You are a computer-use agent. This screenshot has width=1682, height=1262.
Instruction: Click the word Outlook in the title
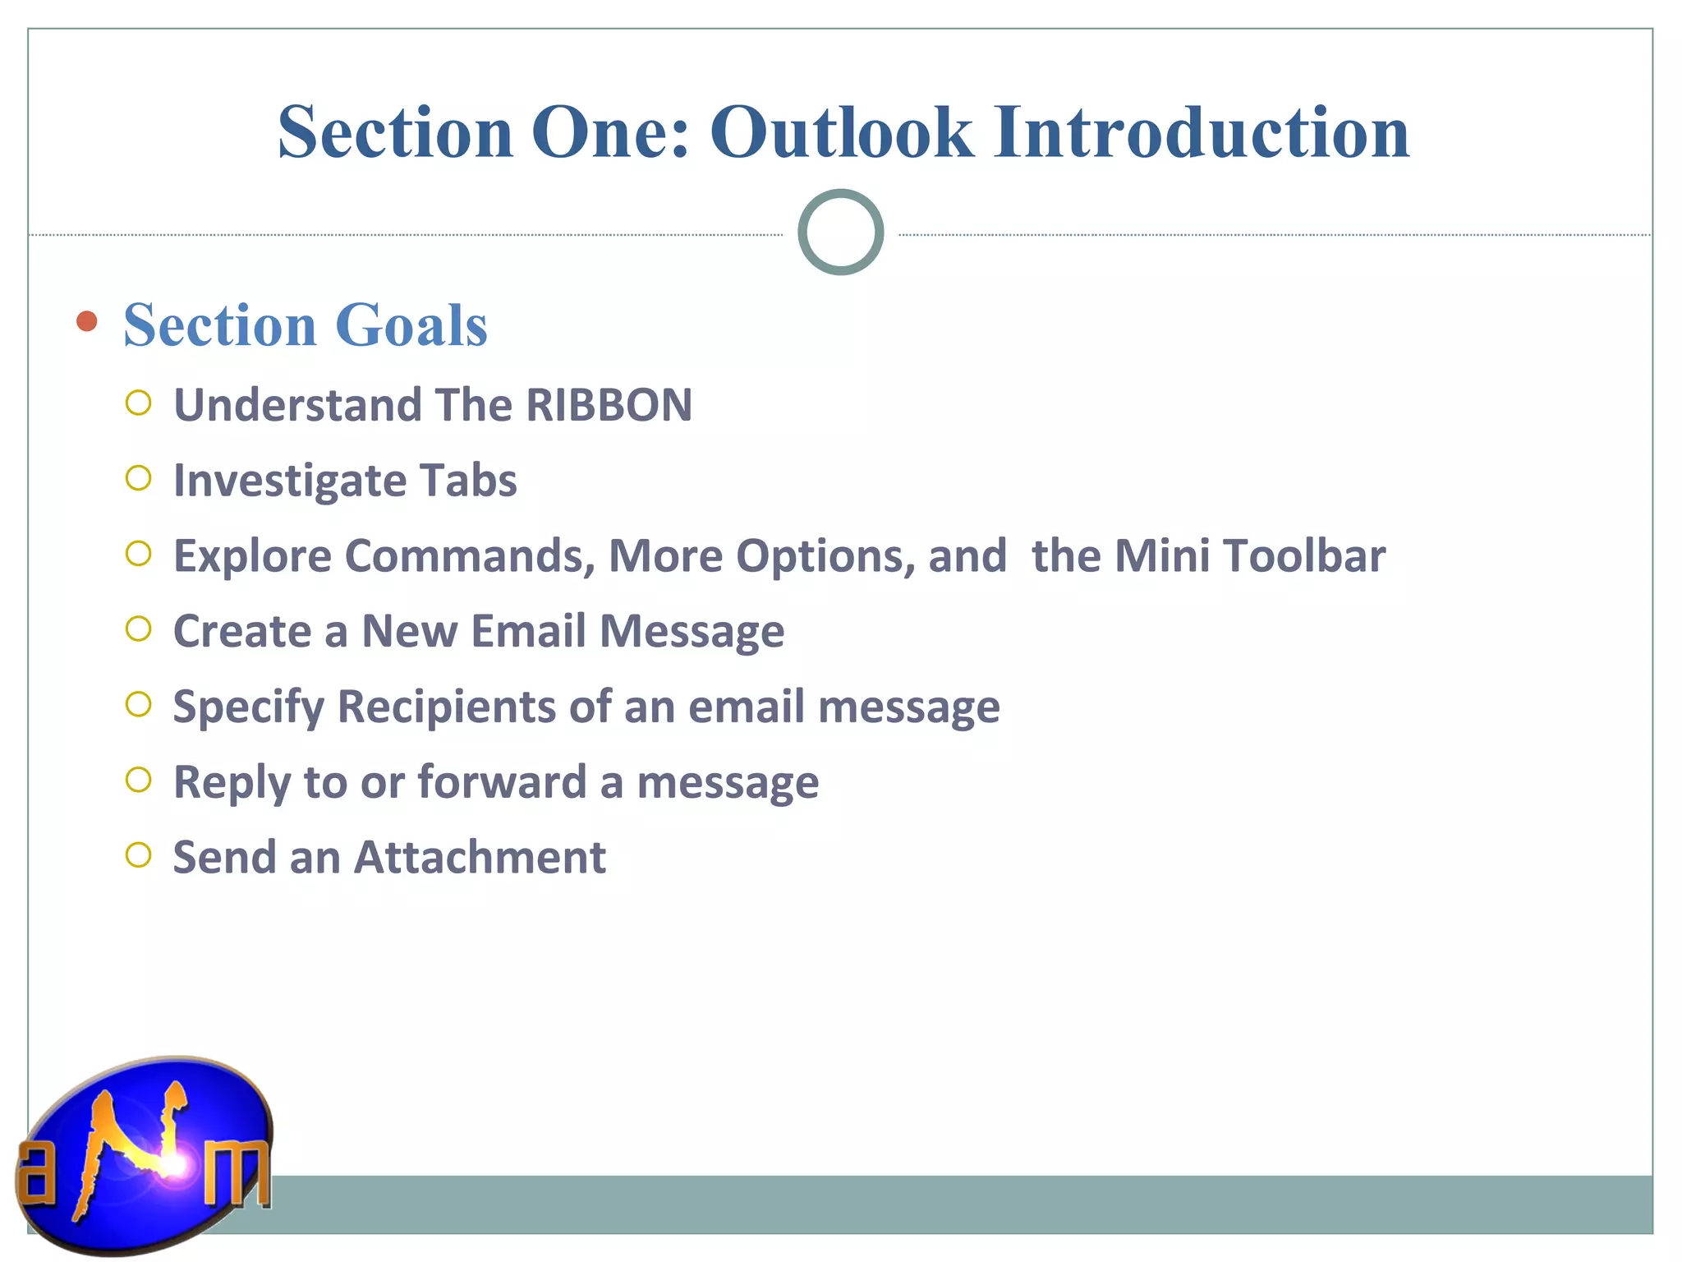point(841,133)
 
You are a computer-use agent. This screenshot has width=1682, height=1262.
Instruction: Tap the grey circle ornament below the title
point(840,233)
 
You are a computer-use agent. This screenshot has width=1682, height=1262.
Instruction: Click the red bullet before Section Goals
point(86,321)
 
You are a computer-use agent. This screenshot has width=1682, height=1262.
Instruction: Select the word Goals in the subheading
point(411,325)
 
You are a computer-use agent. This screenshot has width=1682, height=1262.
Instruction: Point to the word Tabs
point(468,481)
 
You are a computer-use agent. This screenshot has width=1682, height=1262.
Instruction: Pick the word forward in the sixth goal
point(502,782)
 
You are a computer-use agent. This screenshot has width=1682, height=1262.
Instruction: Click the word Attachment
point(480,858)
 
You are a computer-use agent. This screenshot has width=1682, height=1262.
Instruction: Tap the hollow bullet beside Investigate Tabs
point(139,478)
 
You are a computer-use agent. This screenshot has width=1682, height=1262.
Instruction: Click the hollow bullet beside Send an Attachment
point(139,855)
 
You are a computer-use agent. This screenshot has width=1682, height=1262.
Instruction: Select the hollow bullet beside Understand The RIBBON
point(139,403)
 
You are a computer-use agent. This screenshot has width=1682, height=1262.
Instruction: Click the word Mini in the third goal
point(1161,556)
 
